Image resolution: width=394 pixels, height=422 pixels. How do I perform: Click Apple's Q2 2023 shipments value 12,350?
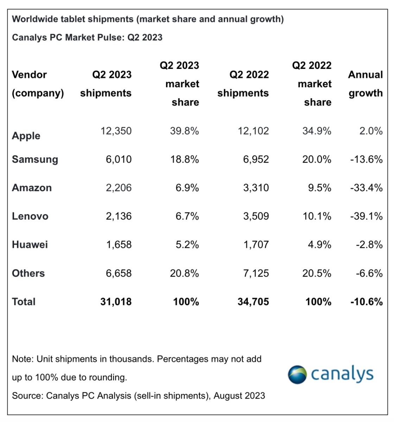tap(116, 131)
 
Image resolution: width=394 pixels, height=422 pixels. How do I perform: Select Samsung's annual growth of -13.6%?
tap(366, 159)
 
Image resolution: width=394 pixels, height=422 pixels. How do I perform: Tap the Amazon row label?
tap(32, 188)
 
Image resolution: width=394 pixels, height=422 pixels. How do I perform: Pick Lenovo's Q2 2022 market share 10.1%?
tap(317, 216)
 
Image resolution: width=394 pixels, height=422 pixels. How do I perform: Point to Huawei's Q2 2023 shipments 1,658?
tap(119, 245)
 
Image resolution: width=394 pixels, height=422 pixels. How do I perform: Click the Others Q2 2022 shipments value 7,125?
tap(256, 273)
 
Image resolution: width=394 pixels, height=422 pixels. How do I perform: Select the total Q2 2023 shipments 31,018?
tap(116, 302)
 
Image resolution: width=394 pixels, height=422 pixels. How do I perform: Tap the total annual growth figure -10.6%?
tap(366, 302)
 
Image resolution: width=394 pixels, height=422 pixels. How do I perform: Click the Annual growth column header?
tap(365, 84)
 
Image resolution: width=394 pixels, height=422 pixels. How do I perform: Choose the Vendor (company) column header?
tap(38, 84)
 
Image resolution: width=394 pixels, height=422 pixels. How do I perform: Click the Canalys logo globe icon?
tap(297, 375)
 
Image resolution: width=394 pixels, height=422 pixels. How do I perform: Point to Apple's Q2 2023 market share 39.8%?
tap(184, 131)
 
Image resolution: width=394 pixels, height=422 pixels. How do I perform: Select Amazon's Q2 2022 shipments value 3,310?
tap(256, 188)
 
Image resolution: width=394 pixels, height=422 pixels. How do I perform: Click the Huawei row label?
tap(30, 245)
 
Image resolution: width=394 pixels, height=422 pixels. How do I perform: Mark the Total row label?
tap(24, 302)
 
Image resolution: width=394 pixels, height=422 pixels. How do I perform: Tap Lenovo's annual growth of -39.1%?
tap(366, 216)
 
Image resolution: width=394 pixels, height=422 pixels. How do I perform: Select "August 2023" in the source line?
tap(239, 396)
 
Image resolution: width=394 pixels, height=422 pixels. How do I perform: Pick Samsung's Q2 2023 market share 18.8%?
tap(184, 159)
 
